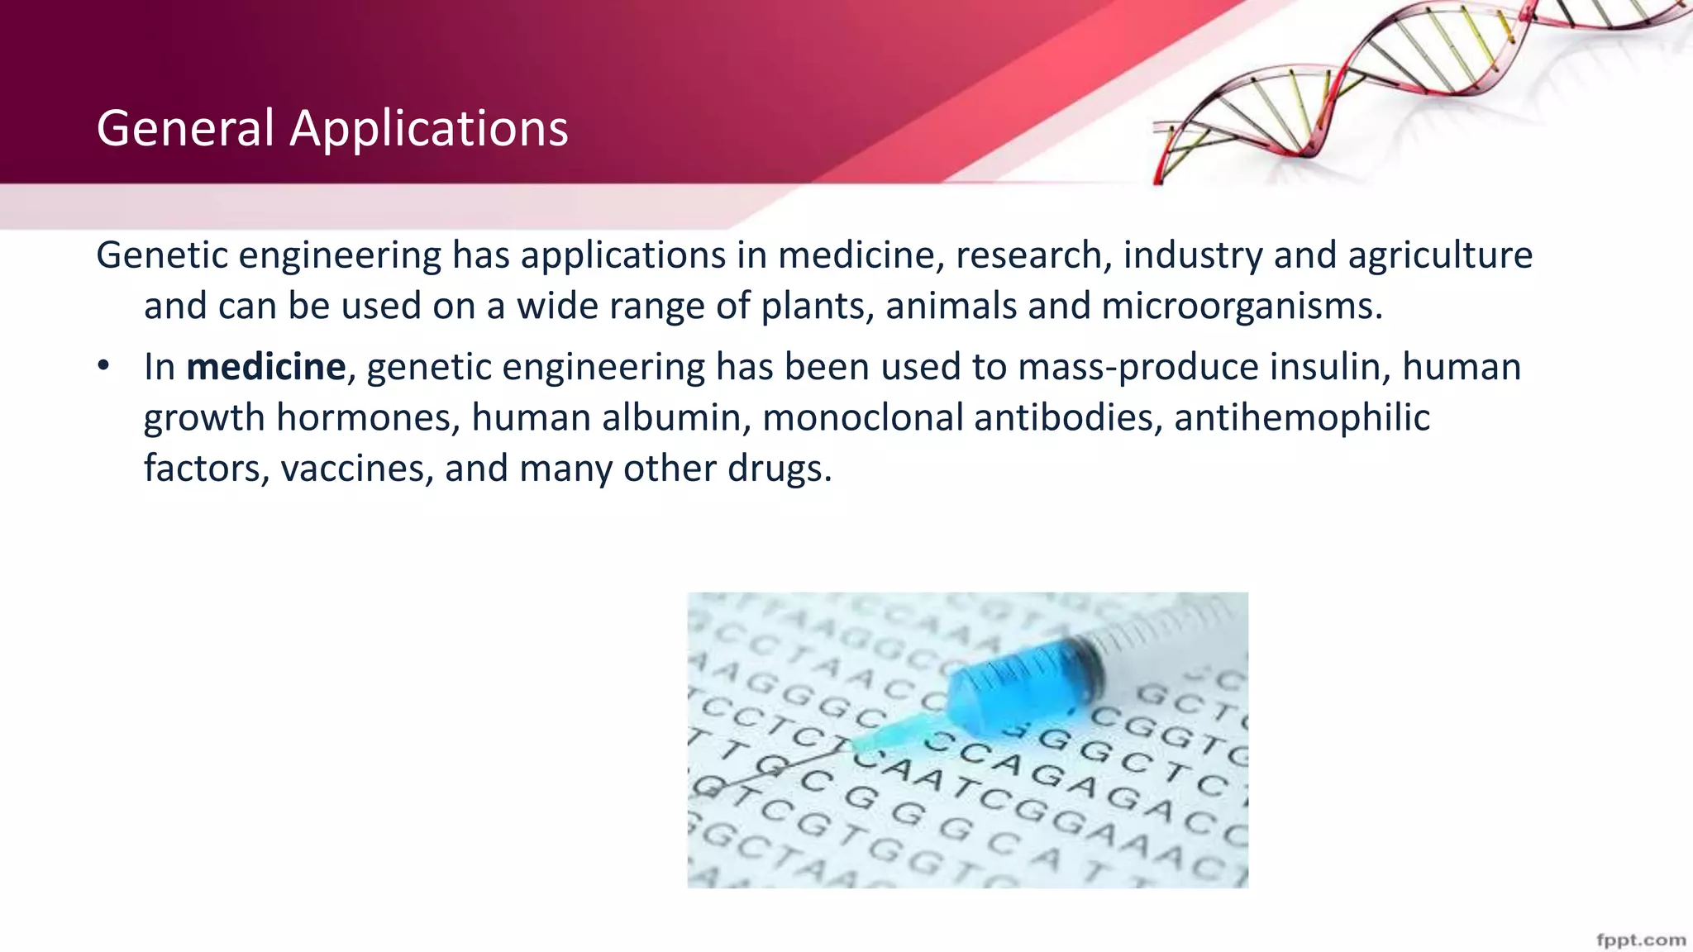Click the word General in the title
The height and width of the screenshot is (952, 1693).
point(185,129)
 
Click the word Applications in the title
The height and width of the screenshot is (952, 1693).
point(428,131)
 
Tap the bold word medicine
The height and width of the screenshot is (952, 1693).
point(265,367)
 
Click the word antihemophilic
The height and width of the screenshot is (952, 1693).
point(1301,417)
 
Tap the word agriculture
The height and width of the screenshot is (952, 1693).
point(1440,255)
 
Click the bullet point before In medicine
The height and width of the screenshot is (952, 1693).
point(103,366)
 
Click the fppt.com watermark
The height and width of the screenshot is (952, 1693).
point(1640,940)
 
